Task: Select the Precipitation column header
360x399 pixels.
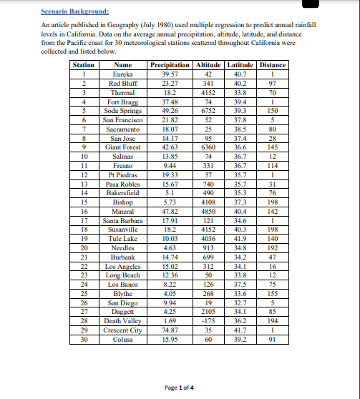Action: pyautogui.click(x=170, y=65)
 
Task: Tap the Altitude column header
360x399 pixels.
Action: pyautogui.click(x=209, y=65)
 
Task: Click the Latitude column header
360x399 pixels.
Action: pyautogui.click(x=240, y=65)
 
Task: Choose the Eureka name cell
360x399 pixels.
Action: pyautogui.click(x=123, y=74)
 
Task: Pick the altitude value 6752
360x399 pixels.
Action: pyautogui.click(x=209, y=111)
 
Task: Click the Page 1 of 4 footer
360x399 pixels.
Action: pyautogui.click(x=180, y=388)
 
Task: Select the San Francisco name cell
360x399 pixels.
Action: pyautogui.click(x=123, y=119)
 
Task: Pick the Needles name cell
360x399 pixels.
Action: pyautogui.click(x=123, y=247)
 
